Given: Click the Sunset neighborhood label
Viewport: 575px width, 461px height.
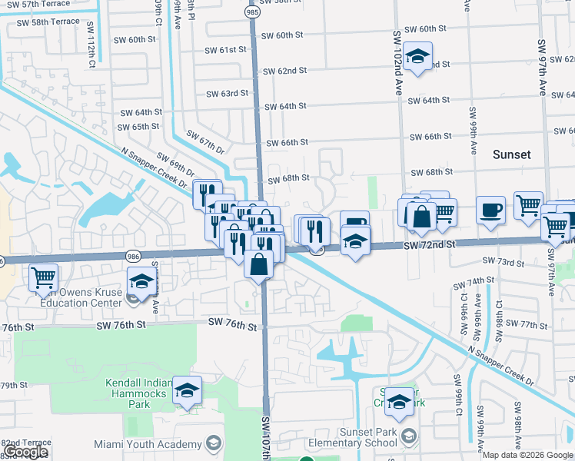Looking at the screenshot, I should (x=511, y=154).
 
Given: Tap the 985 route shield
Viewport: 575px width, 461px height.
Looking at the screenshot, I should (x=252, y=13).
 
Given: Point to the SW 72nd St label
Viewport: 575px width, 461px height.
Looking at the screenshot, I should (x=430, y=244).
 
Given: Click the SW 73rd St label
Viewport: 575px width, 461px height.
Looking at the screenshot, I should (x=505, y=263).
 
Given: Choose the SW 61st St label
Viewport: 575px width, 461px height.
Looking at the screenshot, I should (x=225, y=49).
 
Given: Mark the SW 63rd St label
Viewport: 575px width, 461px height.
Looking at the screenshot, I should (x=227, y=94).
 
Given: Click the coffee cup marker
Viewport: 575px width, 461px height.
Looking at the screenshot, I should (x=490, y=210).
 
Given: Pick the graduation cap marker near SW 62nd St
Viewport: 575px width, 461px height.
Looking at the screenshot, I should (x=417, y=58).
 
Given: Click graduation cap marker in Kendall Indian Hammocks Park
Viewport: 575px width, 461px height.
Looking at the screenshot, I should (x=187, y=390).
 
